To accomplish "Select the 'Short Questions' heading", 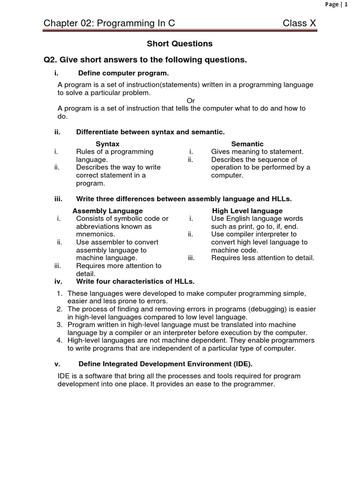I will click(x=180, y=44).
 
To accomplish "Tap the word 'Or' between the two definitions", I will click(x=191, y=100).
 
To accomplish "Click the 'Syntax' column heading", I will click(x=107, y=144).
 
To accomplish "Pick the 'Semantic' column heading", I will click(x=247, y=144).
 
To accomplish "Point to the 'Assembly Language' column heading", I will click(x=107, y=211).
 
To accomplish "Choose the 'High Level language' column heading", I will click(x=247, y=211).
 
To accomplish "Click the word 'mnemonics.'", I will click(x=95, y=234).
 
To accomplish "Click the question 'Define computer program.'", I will click(x=123, y=73).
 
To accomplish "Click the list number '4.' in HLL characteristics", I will click(x=60, y=340).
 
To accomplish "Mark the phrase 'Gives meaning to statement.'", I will click(x=257, y=151).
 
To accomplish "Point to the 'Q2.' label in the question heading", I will click(x=50, y=60).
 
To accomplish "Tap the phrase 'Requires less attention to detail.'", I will click(x=262, y=257).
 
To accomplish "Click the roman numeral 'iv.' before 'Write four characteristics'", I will click(x=58, y=281).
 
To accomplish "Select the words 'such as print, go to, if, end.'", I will click(x=254, y=226).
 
